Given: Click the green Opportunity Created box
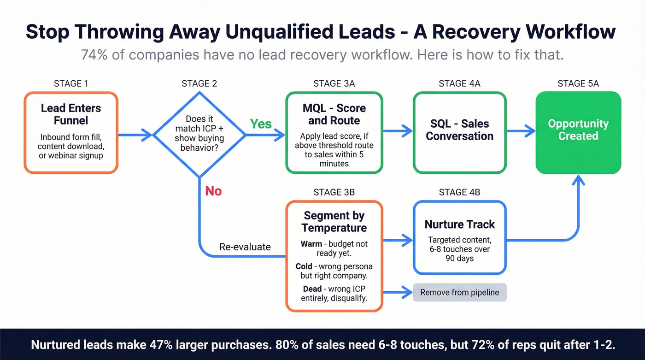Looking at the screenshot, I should (578, 132).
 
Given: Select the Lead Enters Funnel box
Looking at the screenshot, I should (71, 132).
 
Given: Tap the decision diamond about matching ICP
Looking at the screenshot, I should (199, 134).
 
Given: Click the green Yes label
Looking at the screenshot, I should (261, 124).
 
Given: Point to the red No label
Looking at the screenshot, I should (213, 191).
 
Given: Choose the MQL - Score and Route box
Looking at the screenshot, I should (334, 132).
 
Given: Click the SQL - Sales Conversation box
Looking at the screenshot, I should (459, 132).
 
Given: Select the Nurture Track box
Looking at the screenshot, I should (459, 237).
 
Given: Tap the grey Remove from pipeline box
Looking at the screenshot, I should (459, 293).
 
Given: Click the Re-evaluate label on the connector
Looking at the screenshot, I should (245, 247).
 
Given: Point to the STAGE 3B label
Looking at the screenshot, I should (334, 192).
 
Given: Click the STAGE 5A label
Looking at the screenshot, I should (578, 83).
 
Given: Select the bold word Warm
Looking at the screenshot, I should (311, 244).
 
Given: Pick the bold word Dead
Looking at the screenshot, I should (312, 289).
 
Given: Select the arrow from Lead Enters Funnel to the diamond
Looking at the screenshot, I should (135, 135).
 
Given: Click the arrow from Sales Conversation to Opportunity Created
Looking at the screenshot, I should (521, 131).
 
